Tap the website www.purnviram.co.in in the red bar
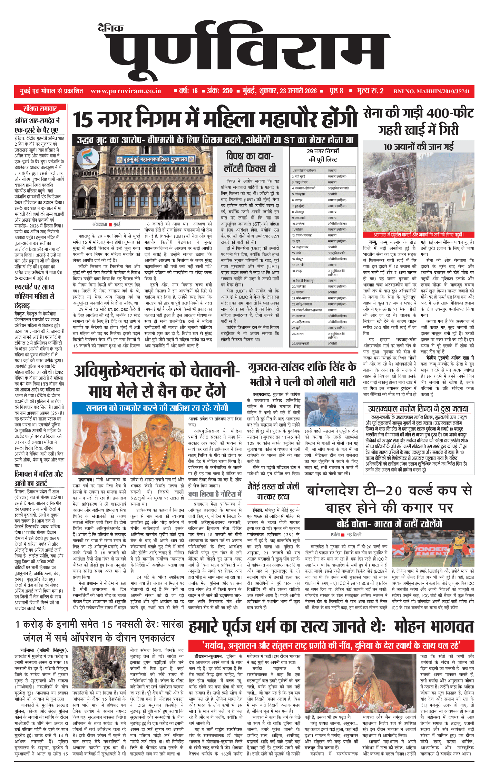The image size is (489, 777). coord(126,91)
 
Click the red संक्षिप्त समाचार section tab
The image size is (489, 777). coord(40,109)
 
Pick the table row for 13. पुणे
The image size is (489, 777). coord(323,241)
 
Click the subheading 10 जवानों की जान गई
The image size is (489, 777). coord(418,147)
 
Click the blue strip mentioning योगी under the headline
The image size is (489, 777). coord(157,408)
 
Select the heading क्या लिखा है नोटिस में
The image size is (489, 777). coord(215,494)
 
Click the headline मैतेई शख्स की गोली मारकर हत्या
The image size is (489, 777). coord(273,492)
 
